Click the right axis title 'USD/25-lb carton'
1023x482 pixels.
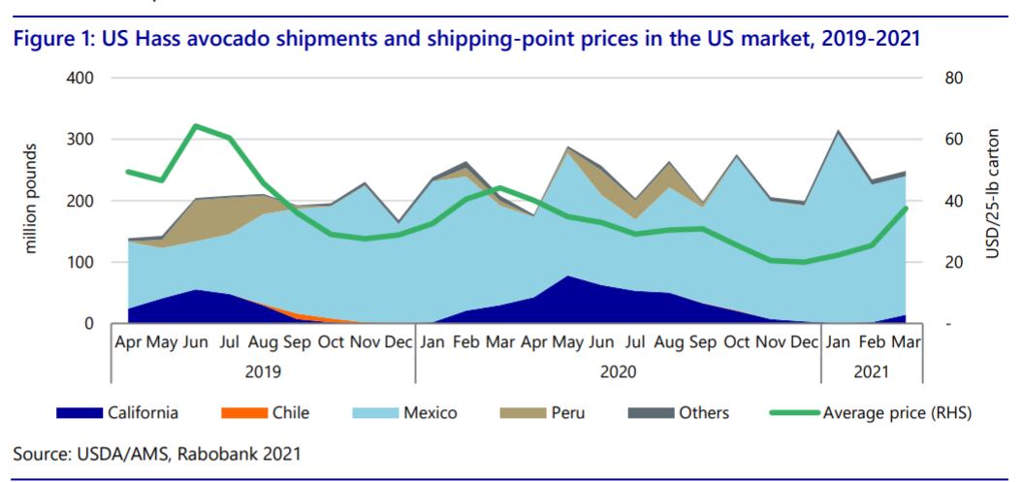click(x=992, y=200)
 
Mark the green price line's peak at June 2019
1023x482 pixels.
click(x=197, y=126)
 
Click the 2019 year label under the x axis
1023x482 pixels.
click(x=264, y=370)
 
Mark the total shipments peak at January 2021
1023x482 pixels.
click(x=837, y=131)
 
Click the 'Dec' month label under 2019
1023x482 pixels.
click(x=400, y=342)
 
